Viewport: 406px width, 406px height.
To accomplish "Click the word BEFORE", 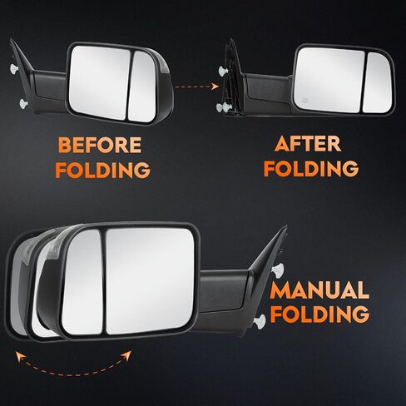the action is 100,145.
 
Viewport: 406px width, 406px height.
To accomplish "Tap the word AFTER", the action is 308,143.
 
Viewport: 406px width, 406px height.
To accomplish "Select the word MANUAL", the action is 319,290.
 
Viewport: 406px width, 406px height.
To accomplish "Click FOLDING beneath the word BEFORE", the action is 102,169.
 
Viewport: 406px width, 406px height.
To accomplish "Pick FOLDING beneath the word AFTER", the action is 311,168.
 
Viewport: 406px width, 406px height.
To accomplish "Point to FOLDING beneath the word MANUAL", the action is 319,314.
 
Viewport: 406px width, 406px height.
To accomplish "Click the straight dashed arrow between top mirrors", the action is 196,87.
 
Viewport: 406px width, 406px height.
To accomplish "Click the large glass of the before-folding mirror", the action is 99,82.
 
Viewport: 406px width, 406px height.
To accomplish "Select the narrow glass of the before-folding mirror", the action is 142,87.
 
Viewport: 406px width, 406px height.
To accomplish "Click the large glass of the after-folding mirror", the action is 329,80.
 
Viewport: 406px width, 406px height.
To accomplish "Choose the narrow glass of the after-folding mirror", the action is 377,83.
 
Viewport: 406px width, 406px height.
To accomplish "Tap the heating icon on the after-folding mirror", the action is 304,99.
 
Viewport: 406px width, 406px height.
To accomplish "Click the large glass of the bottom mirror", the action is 150,280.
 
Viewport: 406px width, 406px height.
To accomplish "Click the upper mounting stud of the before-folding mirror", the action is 14,68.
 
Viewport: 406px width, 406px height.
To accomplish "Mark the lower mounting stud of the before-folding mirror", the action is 23,104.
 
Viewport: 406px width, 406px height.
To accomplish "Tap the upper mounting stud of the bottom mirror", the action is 278,270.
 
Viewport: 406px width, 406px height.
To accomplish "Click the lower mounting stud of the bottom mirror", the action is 260,322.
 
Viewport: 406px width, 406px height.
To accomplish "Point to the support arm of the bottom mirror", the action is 223,291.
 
